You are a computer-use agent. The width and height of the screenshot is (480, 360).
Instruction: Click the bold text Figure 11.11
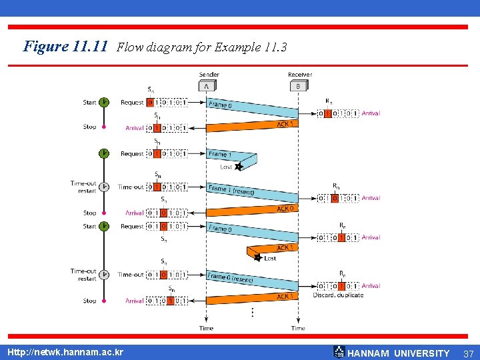tap(65, 47)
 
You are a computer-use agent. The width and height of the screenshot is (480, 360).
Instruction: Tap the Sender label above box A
tap(209, 75)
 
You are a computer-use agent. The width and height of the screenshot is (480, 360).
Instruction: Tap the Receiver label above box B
tap(300, 75)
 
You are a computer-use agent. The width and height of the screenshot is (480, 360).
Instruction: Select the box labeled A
tap(207, 86)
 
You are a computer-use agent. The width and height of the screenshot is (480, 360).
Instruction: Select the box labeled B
tap(298, 86)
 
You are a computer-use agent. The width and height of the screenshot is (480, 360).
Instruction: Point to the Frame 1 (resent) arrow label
tap(231, 190)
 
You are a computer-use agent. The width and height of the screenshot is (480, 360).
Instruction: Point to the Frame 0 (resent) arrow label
tap(231, 278)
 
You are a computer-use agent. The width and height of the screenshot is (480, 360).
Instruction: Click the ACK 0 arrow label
tap(286, 209)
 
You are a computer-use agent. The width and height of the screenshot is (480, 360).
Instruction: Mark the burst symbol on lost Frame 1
tap(239, 167)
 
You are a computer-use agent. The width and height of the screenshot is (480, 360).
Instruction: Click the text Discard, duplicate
tap(338, 295)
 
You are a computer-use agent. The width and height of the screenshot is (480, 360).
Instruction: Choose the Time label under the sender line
tap(207, 328)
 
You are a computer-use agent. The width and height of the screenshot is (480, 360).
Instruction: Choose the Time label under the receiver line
tap(298, 328)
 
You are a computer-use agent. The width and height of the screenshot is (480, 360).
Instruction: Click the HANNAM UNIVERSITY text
tap(399, 353)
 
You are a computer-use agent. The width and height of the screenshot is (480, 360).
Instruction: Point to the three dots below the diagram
tap(251, 311)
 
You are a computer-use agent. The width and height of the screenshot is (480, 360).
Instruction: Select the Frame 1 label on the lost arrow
tap(219, 154)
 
